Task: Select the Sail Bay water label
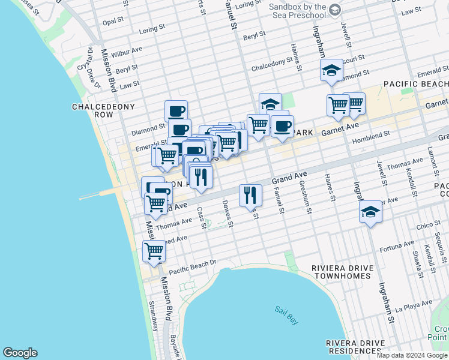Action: point(286,315)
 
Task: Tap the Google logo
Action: point(20,353)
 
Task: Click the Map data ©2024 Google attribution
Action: point(412,355)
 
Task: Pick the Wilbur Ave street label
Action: point(130,50)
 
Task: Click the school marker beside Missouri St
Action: point(331,71)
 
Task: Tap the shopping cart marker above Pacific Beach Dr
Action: point(154,251)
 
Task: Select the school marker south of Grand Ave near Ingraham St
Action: point(370,212)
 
